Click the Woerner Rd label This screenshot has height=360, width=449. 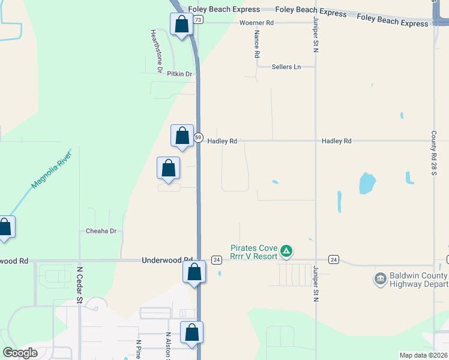[x=257, y=23]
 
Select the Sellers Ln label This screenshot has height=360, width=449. [x=286, y=67]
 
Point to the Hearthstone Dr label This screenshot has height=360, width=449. [x=156, y=51]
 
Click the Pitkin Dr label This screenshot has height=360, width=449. [x=179, y=74]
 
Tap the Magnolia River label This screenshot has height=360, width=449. [x=52, y=170]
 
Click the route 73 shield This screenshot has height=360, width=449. [x=198, y=20]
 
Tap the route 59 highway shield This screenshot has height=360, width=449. [x=198, y=137]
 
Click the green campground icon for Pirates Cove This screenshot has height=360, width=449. [x=287, y=250]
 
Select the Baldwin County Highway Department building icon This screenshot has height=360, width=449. [x=379, y=278]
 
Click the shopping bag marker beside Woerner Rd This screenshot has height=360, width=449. [x=181, y=24]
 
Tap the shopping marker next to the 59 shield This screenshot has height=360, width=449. [x=182, y=136]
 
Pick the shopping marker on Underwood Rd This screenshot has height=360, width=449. [x=194, y=272]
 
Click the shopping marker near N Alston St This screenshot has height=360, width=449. [x=191, y=332]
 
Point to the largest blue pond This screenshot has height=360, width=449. [x=366, y=183]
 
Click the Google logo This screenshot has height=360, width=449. [x=20, y=352]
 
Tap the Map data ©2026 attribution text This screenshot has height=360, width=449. [x=423, y=355]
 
